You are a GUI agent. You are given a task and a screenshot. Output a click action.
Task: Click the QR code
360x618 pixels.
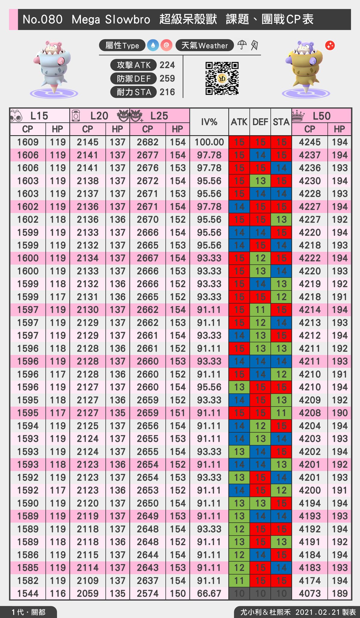222,78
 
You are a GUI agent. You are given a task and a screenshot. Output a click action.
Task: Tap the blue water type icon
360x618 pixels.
153,45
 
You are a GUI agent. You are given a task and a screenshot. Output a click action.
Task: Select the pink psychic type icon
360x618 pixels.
166,45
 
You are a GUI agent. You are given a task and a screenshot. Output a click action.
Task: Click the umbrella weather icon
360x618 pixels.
242,45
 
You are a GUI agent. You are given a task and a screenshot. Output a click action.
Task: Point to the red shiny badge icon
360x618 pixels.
330,46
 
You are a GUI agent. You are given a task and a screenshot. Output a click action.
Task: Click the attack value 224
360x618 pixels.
167,65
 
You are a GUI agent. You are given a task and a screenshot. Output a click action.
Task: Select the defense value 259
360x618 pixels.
167,78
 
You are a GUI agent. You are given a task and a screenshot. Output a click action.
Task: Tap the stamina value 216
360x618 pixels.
167,92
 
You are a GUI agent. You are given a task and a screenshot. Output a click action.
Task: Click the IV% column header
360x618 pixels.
209,122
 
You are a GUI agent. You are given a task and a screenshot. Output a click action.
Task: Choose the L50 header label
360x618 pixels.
321,116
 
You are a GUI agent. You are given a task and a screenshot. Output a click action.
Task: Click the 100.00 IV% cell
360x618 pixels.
209,142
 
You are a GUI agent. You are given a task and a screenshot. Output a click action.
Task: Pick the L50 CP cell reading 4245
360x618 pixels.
310,142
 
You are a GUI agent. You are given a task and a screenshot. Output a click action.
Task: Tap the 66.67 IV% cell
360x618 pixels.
209,594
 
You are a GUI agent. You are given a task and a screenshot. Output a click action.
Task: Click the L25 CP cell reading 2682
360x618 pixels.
148,142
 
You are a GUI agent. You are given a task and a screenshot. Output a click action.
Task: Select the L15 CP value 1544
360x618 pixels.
28,594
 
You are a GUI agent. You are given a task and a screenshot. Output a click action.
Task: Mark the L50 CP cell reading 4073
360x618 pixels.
310,594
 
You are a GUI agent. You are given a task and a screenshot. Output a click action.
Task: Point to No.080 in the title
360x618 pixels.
43,20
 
